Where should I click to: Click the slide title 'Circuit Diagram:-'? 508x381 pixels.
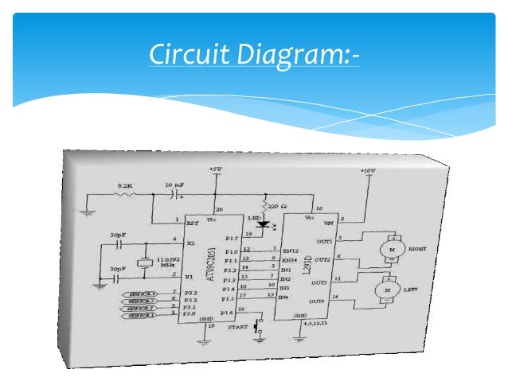pyautogui.click(x=253, y=56)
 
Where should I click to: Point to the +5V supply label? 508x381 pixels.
pyautogui.click(x=215, y=169)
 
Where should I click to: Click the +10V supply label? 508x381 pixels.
pyautogui.click(x=367, y=171)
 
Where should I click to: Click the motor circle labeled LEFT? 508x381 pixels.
pyautogui.click(x=389, y=291)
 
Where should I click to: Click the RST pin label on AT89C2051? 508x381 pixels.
pyautogui.click(x=191, y=224)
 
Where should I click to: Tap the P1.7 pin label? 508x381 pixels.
pyautogui.click(x=231, y=236)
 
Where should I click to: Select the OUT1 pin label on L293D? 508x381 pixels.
pyautogui.click(x=322, y=241)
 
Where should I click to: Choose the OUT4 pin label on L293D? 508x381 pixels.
pyautogui.click(x=321, y=301)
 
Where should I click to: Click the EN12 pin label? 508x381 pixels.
pyautogui.click(x=291, y=251)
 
